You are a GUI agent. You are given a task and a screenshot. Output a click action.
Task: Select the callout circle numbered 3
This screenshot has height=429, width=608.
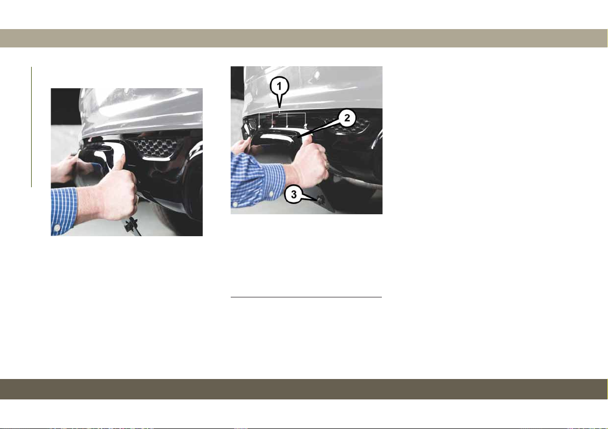pos(294,195)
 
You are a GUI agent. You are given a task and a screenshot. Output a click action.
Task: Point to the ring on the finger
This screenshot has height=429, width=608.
pos(328,164)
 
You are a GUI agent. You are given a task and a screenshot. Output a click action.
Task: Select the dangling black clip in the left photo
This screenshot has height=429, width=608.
pos(131,226)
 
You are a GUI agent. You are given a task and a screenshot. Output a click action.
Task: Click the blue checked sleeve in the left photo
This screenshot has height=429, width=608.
pos(64,211)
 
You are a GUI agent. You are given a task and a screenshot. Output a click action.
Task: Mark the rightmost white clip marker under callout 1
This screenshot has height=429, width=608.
pos(306,125)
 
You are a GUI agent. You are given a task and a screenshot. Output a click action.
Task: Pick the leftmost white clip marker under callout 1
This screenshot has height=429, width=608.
pos(259,126)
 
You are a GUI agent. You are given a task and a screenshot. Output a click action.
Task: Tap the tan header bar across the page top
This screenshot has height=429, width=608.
pos(304,38)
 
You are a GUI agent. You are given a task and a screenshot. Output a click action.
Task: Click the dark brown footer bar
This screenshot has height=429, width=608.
pos(304,389)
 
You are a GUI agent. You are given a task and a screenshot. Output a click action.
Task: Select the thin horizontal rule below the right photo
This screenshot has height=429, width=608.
pos(306,297)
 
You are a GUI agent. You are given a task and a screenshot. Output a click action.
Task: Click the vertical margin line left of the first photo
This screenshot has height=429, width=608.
pos(32,127)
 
